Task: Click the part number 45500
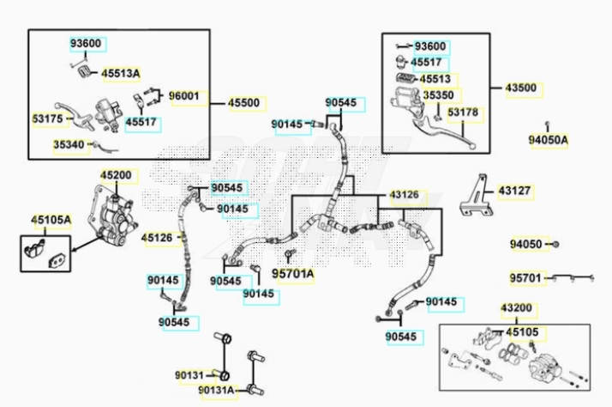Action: point(243,103)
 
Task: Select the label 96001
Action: point(183,96)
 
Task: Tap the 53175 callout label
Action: point(47,118)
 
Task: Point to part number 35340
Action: point(69,145)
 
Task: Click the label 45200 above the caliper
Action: point(116,175)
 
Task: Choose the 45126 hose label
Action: point(157,238)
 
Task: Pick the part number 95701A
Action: point(293,275)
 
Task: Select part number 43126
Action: point(405,195)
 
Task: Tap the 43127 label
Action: point(515,191)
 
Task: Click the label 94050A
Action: point(548,139)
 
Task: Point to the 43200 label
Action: point(517,307)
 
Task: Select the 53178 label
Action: point(463,112)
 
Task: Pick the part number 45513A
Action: point(120,74)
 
